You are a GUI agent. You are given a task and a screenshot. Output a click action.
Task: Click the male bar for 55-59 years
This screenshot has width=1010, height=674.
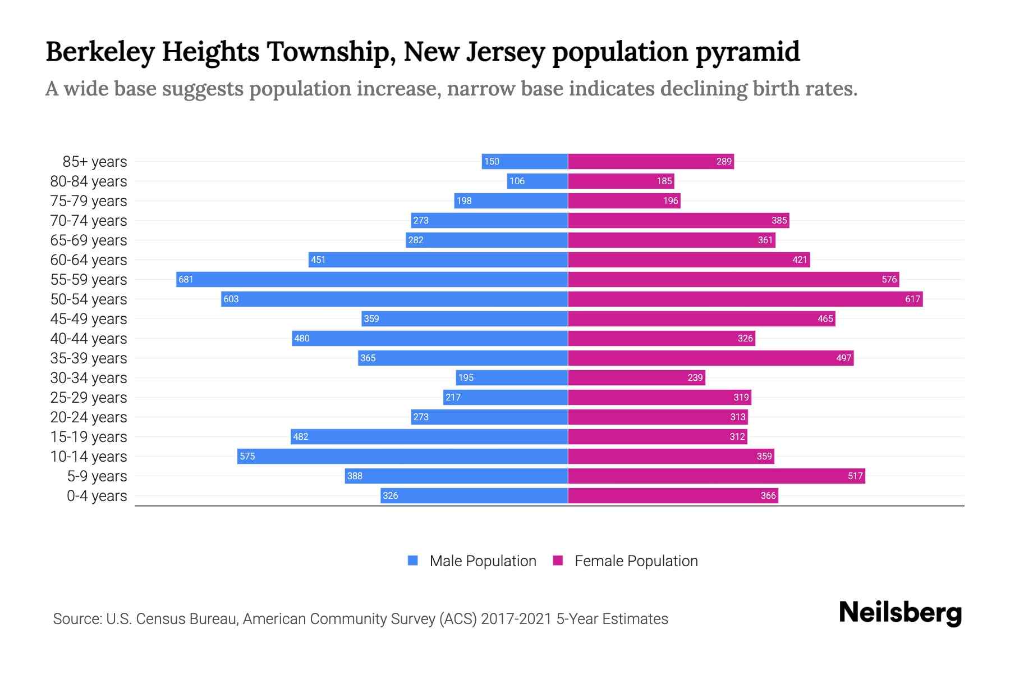point(371,279)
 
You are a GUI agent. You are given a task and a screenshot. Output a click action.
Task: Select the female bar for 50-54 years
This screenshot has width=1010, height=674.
point(745,299)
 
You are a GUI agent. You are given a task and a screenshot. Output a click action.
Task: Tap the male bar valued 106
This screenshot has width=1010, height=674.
point(538,181)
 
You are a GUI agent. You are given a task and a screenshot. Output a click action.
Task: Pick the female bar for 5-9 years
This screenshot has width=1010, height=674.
point(717,476)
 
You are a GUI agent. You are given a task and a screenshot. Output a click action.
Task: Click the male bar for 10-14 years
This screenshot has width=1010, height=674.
point(402,456)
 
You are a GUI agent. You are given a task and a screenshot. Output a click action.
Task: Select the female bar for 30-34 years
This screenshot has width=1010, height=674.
point(636,377)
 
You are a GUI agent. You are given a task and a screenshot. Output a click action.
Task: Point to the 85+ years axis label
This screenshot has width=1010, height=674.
point(94,162)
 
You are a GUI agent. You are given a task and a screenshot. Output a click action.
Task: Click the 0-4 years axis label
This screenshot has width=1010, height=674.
point(97,496)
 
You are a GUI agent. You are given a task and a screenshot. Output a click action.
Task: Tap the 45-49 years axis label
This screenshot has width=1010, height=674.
point(89,319)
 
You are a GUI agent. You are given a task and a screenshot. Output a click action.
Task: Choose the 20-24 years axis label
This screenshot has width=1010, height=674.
point(89,417)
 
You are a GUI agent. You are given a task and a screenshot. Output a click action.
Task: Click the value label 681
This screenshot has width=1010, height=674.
point(186,279)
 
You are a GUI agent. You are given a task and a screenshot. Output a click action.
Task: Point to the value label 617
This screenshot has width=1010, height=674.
point(912,299)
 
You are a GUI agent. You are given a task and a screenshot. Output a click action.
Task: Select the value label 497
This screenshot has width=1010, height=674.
point(843,358)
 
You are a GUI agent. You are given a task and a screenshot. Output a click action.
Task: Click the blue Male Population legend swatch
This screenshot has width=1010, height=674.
point(413,561)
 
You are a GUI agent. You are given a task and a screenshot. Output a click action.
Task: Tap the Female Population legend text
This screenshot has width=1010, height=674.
point(636,561)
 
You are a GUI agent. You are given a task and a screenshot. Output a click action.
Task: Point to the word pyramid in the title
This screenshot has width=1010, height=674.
point(747,52)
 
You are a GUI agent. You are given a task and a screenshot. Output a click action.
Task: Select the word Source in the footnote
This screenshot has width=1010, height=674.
point(77,619)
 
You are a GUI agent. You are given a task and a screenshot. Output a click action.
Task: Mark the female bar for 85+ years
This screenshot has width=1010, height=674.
point(651,161)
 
